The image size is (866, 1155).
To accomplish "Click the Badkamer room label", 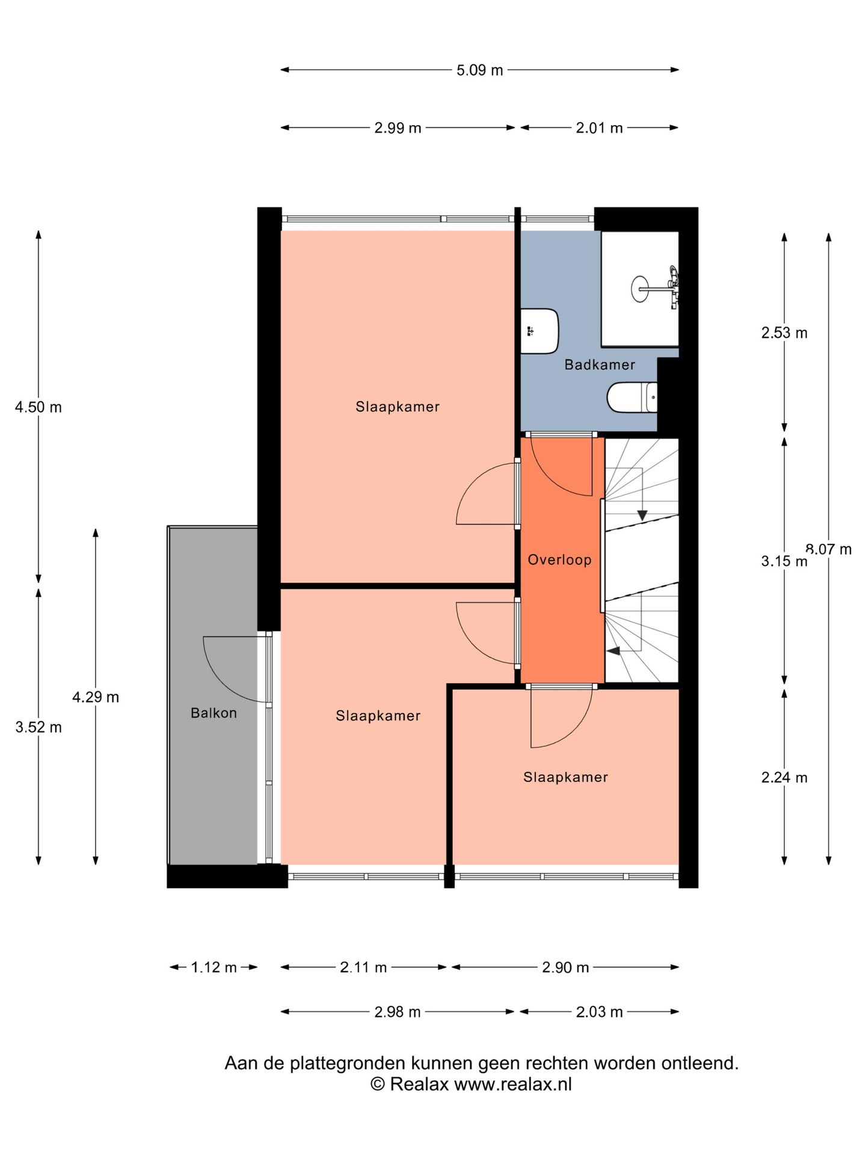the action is coord(600,365).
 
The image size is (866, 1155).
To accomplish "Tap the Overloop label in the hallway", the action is coord(559,560).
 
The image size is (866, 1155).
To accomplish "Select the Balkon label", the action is coord(213,713).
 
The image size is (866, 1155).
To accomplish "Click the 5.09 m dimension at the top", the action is coord(479,70).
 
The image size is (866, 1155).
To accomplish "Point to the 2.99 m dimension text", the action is coord(398,128).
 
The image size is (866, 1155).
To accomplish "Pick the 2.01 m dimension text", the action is coord(599,128).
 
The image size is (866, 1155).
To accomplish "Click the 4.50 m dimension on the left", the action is coord(38,407).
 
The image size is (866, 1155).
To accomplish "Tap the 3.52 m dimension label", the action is coord(38,727).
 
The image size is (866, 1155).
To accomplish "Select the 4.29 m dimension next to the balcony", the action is coord(96,697).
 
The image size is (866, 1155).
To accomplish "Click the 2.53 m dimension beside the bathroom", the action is coord(784,333).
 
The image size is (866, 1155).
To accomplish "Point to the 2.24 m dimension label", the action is coord(784,777).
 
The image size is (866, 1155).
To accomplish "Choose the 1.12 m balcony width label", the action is coord(213,967).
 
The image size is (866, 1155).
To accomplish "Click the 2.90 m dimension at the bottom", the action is coord(565,967).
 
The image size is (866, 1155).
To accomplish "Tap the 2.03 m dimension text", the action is coord(599,1012).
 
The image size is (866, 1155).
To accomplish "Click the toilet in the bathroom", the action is coord(632,398).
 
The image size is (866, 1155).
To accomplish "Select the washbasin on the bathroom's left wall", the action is coord(539,331).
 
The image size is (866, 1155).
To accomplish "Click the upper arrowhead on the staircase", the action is coord(642,515).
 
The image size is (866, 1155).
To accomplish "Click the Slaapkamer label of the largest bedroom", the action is coord(398,407).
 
